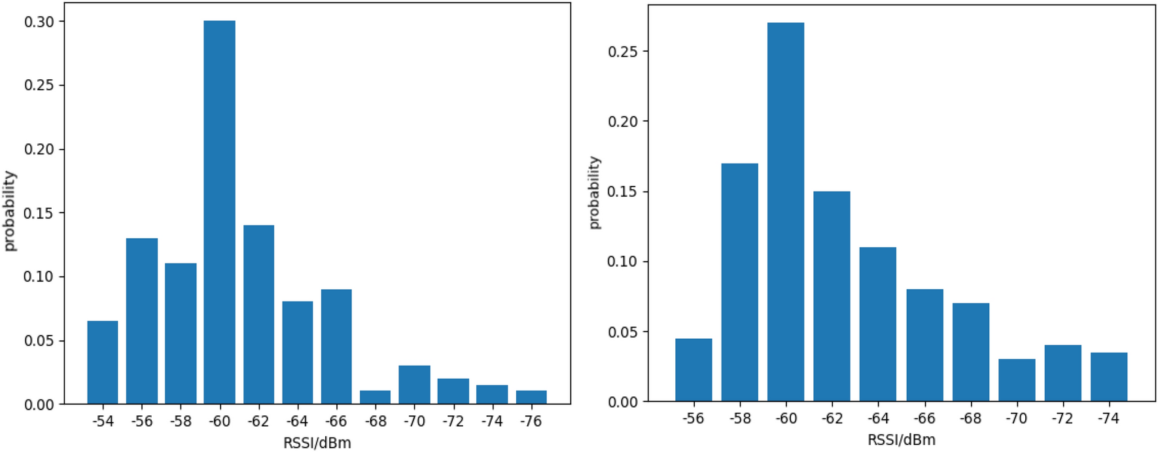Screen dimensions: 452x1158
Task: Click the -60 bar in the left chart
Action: coord(219,213)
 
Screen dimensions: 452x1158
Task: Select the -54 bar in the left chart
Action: coord(103,362)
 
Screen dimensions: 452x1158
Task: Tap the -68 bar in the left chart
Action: coord(375,398)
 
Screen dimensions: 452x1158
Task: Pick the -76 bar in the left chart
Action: coord(531,398)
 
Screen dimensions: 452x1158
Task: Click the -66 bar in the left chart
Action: coord(336,347)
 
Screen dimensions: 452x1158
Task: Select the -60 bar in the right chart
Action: coord(786,213)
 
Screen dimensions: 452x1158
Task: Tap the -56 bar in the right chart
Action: coord(693,370)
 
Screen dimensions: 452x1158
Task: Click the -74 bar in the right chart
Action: coord(1108,377)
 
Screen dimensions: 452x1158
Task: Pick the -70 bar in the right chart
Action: coord(1017,381)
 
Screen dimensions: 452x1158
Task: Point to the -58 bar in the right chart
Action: coord(739,283)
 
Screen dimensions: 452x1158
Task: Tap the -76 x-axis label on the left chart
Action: coord(531,421)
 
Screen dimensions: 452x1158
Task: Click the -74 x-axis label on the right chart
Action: coord(1108,419)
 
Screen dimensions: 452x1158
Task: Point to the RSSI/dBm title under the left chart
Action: coord(317,443)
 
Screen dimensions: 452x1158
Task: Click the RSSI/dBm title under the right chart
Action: coord(901,440)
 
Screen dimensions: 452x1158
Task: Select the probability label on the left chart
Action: coord(9,211)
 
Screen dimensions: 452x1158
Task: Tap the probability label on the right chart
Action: coord(593,193)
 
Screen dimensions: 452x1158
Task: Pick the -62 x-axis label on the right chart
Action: coord(832,419)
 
